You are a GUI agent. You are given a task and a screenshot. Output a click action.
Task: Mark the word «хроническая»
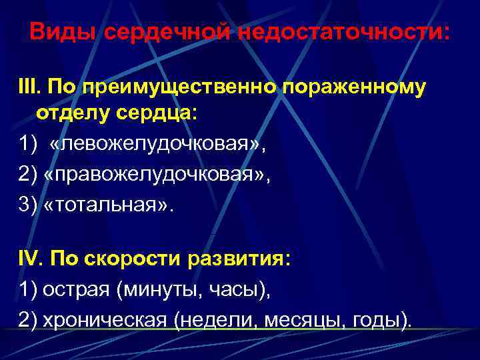[x=104, y=320]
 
